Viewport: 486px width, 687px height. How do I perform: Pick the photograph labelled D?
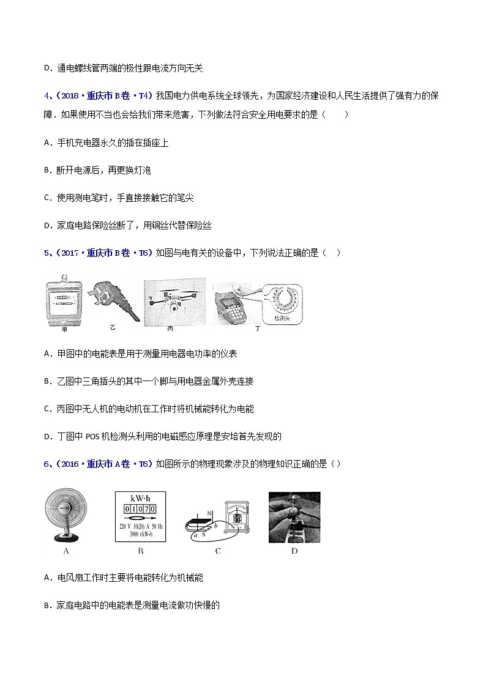tap(294, 517)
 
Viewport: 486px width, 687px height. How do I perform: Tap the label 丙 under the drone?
tap(170, 329)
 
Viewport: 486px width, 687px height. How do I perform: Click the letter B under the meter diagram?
tap(140, 551)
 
